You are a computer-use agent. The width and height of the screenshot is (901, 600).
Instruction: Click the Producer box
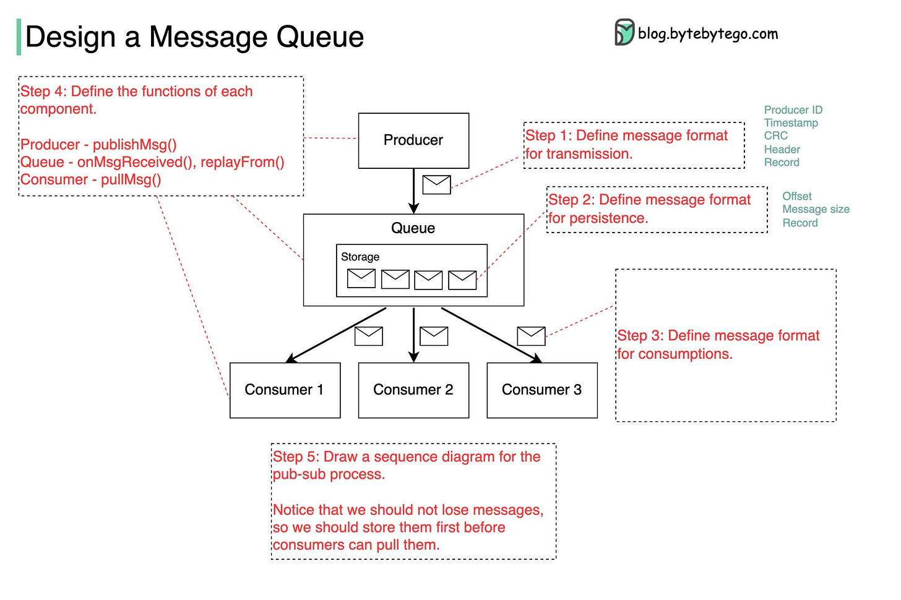(413, 140)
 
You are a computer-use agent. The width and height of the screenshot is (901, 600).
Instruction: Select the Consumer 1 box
(285, 390)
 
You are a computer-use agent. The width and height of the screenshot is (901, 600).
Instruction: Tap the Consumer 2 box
(413, 390)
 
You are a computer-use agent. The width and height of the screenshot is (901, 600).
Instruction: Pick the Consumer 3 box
(542, 390)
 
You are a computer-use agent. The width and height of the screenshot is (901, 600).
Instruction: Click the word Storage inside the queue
(360, 257)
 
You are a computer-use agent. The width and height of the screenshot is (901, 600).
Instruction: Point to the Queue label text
(413, 228)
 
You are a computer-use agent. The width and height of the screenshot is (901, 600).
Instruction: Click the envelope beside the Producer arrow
(436, 184)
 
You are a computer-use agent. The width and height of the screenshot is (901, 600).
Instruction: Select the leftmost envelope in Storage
(361, 278)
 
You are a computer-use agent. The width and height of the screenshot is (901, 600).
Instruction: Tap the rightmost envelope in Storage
(462, 280)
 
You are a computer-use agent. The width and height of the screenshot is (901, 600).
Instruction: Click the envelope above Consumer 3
(531, 336)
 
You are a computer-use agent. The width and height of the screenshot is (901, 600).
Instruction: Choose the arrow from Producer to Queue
(413, 191)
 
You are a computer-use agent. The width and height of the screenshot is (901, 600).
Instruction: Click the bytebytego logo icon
(624, 32)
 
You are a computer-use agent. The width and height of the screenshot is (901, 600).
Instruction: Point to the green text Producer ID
(793, 109)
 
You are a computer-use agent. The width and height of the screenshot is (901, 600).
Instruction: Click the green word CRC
(776, 135)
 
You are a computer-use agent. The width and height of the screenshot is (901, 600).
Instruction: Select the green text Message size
(816, 209)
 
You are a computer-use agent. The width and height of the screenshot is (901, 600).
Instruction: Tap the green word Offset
(797, 196)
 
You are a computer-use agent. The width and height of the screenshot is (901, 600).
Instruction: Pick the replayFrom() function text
(243, 162)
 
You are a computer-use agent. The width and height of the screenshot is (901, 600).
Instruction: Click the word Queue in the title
(320, 37)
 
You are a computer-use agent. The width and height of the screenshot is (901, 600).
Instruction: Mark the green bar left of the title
(19, 36)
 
